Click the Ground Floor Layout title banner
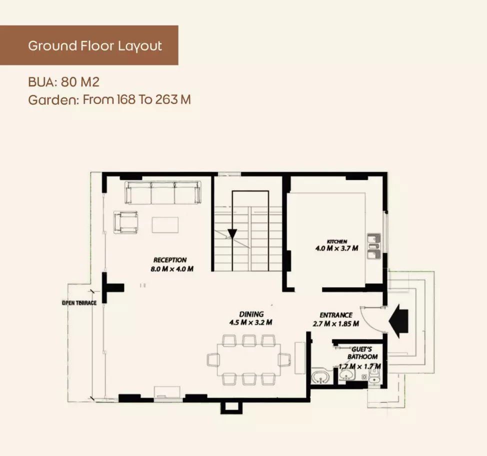(x=89, y=45)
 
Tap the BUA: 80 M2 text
(x=63, y=82)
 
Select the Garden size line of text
(x=109, y=99)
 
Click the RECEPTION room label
(x=170, y=260)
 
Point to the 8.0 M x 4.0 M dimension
(x=172, y=269)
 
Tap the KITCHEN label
(x=337, y=241)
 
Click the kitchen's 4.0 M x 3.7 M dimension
(x=336, y=248)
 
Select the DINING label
(x=251, y=314)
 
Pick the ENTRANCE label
(x=336, y=315)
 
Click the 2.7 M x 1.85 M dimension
(x=335, y=323)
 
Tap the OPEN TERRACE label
(x=79, y=303)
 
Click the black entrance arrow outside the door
(x=398, y=321)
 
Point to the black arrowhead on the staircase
(x=232, y=234)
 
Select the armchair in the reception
(x=126, y=222)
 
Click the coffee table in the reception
(x=165, y=225)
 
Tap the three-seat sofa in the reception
(x=163, y=193)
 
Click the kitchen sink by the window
(x=374, y=246)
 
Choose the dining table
(x=248, y=360)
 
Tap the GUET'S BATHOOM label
(x=362, y=353)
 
